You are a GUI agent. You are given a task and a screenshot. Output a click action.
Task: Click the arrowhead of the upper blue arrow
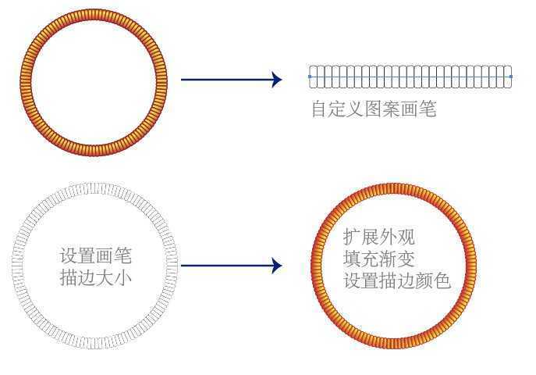point(276,79)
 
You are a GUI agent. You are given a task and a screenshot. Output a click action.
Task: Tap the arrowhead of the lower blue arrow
point(276,266)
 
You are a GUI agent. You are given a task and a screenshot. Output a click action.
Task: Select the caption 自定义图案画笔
point(373,109)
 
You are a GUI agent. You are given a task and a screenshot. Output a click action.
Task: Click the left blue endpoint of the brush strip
point(310,77)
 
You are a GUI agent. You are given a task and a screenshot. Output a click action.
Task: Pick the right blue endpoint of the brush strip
point(511,77)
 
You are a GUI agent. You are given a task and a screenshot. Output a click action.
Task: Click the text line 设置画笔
point(95,255)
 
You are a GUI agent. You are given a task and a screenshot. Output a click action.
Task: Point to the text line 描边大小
point(95,277)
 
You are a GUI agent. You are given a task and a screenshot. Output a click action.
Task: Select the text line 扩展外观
point(379,237)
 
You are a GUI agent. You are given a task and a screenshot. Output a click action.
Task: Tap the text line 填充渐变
point(379,259)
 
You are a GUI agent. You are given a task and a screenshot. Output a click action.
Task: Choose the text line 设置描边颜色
point(397,280)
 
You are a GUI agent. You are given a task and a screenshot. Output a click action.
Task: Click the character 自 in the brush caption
point(319,109)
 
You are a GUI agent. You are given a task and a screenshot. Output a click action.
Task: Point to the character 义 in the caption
point(355,109)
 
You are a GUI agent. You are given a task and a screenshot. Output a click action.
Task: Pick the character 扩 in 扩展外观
point(353,237)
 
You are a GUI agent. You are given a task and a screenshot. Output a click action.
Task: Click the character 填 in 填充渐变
point(353,259)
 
